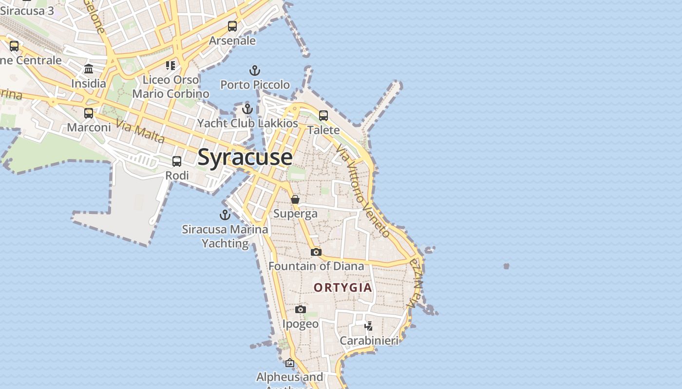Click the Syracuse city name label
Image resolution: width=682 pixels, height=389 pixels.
(245, 157)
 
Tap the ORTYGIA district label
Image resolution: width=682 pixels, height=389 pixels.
(343, 287)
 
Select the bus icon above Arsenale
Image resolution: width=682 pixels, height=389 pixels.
(232, 26)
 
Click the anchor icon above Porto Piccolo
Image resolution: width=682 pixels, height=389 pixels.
(254, 71)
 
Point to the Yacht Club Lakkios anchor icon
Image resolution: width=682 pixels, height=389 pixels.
(247, 109)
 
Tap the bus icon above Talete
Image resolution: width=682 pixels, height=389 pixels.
(323, 116)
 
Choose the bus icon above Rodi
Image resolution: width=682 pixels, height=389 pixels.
(177, 161)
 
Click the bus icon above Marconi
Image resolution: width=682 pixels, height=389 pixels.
(89, 113)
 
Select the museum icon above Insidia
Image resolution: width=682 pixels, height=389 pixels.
(89, 69)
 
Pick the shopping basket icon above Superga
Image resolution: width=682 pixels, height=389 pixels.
(295, 199)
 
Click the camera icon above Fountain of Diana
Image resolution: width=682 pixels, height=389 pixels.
(316, 252)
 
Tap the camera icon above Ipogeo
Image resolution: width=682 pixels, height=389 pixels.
(301, 310)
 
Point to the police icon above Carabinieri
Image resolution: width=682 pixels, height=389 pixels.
(369, 326)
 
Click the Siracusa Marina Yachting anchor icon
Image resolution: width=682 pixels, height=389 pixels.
(225, 214)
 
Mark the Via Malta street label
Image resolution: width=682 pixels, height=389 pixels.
(140, 131)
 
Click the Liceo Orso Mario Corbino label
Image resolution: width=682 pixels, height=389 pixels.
(170, 87)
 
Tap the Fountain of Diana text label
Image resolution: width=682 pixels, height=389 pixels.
(316, 266)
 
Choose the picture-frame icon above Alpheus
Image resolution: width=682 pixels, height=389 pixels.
(290, 363)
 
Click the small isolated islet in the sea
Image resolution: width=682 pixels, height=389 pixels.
(507, 266)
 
